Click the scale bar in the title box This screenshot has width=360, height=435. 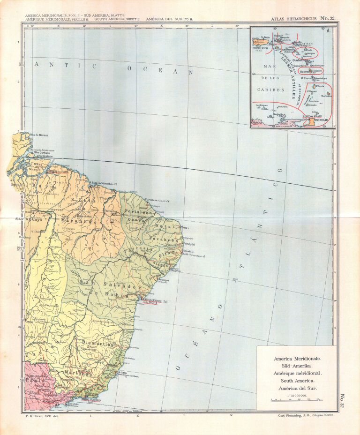pos(296,400)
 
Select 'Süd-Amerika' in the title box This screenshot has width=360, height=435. pos(296,365)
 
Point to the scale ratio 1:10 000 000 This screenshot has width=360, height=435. pos(296,395)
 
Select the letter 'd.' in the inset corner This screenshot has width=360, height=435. pos(328,31)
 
